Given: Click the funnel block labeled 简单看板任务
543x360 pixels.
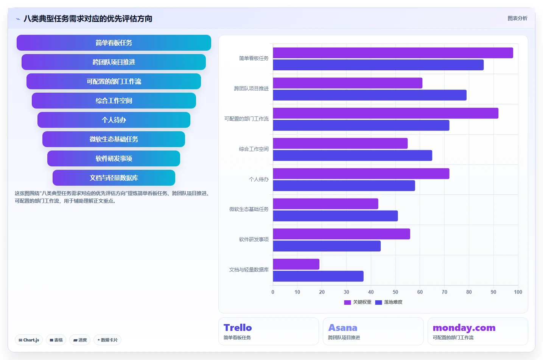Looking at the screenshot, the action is coord(114,43).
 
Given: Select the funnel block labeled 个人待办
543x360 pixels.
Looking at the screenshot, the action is coord(114,120).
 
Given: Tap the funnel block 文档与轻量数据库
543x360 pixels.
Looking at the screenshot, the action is coord(114,178).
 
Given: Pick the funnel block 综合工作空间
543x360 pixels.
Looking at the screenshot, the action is coord(114,101).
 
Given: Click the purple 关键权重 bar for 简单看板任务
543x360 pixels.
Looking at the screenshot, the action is coord(393,53).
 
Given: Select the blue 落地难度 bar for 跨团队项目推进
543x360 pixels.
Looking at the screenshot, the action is coord(370,95).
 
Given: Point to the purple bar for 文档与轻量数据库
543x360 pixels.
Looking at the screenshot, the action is coord(296,264).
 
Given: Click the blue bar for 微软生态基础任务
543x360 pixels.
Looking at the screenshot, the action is coord(335,216).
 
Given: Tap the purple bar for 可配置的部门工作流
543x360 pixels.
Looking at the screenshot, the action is coord(386,113).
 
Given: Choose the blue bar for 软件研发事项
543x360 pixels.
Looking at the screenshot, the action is coord(327,246).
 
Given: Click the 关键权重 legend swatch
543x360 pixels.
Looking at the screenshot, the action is coord(347,303).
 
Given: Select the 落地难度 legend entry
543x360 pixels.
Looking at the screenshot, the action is coord(389,303).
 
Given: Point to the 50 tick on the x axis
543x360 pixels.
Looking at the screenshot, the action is coord(395,292).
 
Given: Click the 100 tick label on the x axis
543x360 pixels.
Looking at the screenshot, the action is coord(518,292).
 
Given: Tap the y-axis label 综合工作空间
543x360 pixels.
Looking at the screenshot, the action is coord(254,149).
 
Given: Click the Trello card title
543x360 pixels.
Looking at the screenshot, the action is coord(238,327).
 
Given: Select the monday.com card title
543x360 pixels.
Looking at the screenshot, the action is coord(464,327).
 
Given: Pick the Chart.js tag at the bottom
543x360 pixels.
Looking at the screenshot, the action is coord(29,340).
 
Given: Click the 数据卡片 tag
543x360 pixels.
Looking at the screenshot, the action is coord(107,340).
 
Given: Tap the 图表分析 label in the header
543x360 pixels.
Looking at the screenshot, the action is coord(518,19).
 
